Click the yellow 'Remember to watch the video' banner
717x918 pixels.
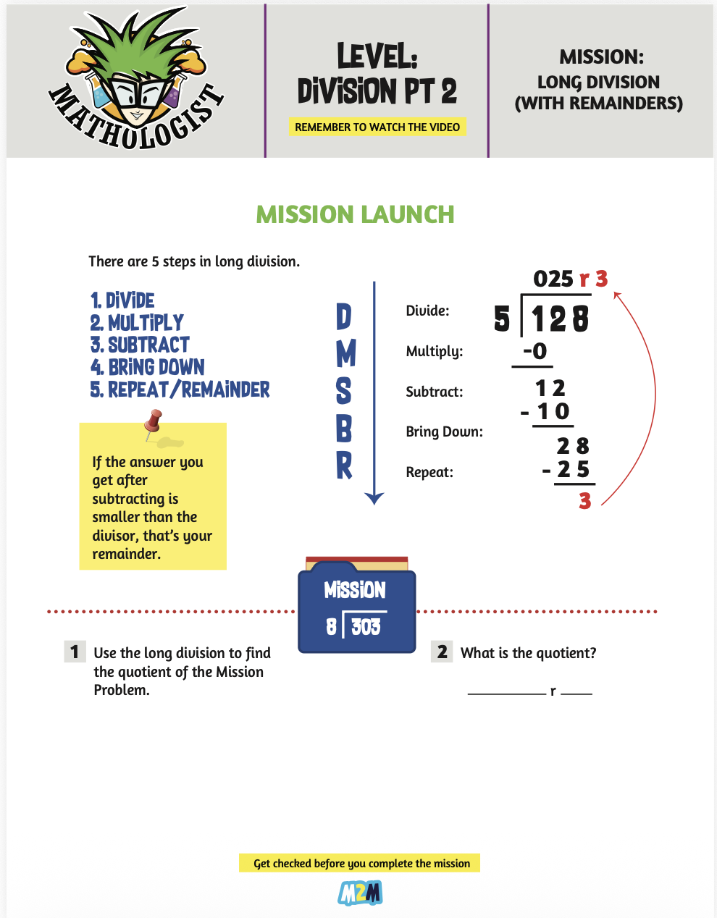(x=377, y=127)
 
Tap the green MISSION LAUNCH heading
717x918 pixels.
(x=355, y=214)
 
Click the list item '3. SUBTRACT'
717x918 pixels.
(x=140, y=345)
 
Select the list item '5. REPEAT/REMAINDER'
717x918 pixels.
(x=180, y=390)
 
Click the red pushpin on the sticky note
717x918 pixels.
(x=153, y=421)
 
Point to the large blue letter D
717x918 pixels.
(x=344, y=316)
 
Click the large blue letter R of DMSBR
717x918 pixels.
(x=344, y=466)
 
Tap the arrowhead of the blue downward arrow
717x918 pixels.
(x=374, y=498)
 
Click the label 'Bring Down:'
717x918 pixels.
(x=444, y=431)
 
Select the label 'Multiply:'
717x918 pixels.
(x=434, y=351)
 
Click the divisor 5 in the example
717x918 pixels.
(x=502, y=319)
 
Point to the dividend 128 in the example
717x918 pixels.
(x=560, y=319)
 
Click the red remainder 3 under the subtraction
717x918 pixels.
(x=585, y=500)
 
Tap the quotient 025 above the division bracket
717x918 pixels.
(x=553, y=279)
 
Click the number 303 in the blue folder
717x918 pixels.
(x=366, y=626)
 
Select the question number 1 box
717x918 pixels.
(x=75, y=652)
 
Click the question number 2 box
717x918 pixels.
(x=442, y=652)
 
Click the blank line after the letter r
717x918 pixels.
(x=576, y=692)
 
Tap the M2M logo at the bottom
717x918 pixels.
(x=360, y=894)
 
